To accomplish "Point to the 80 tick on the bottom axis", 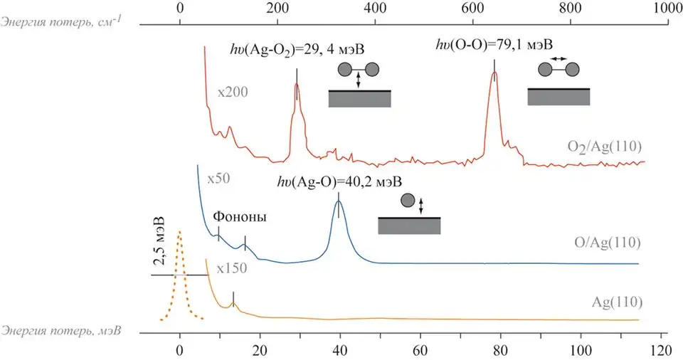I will (501, 332).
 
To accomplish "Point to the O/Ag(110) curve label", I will (608, 242).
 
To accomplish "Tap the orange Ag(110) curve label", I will (617, 302).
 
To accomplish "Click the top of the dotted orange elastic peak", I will (179, 231).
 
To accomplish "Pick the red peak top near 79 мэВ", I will (494, 73).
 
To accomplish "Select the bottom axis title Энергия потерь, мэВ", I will (61, 331).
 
